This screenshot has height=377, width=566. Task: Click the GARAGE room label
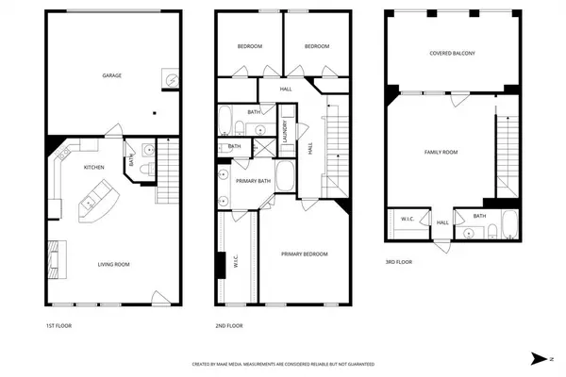pos(112,75)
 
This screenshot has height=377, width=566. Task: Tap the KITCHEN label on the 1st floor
pos(94,167)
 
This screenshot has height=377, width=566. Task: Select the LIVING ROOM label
pos(112,265)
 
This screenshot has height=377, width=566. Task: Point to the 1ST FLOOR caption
pos(58,325)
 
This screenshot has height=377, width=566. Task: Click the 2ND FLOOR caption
pos(230,325)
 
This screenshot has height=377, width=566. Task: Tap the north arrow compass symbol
pos(538,358)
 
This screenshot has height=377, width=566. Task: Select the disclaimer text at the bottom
pos(283,363)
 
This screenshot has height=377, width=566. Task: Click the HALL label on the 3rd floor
pos(442,223)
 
